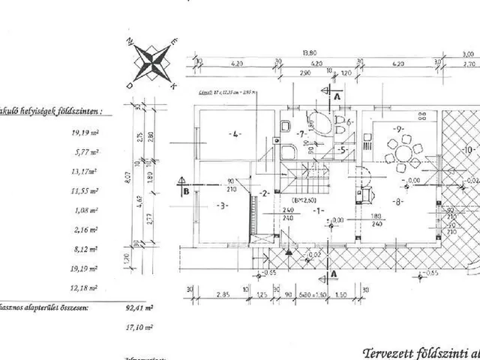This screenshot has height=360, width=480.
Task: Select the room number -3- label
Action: click(x=222, y=204)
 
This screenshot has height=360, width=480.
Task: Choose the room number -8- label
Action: click(x=399, y=201)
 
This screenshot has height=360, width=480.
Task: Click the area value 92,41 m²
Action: click(x=149, y=307)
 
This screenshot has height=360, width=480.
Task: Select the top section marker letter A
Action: click(x=337, y=97)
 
